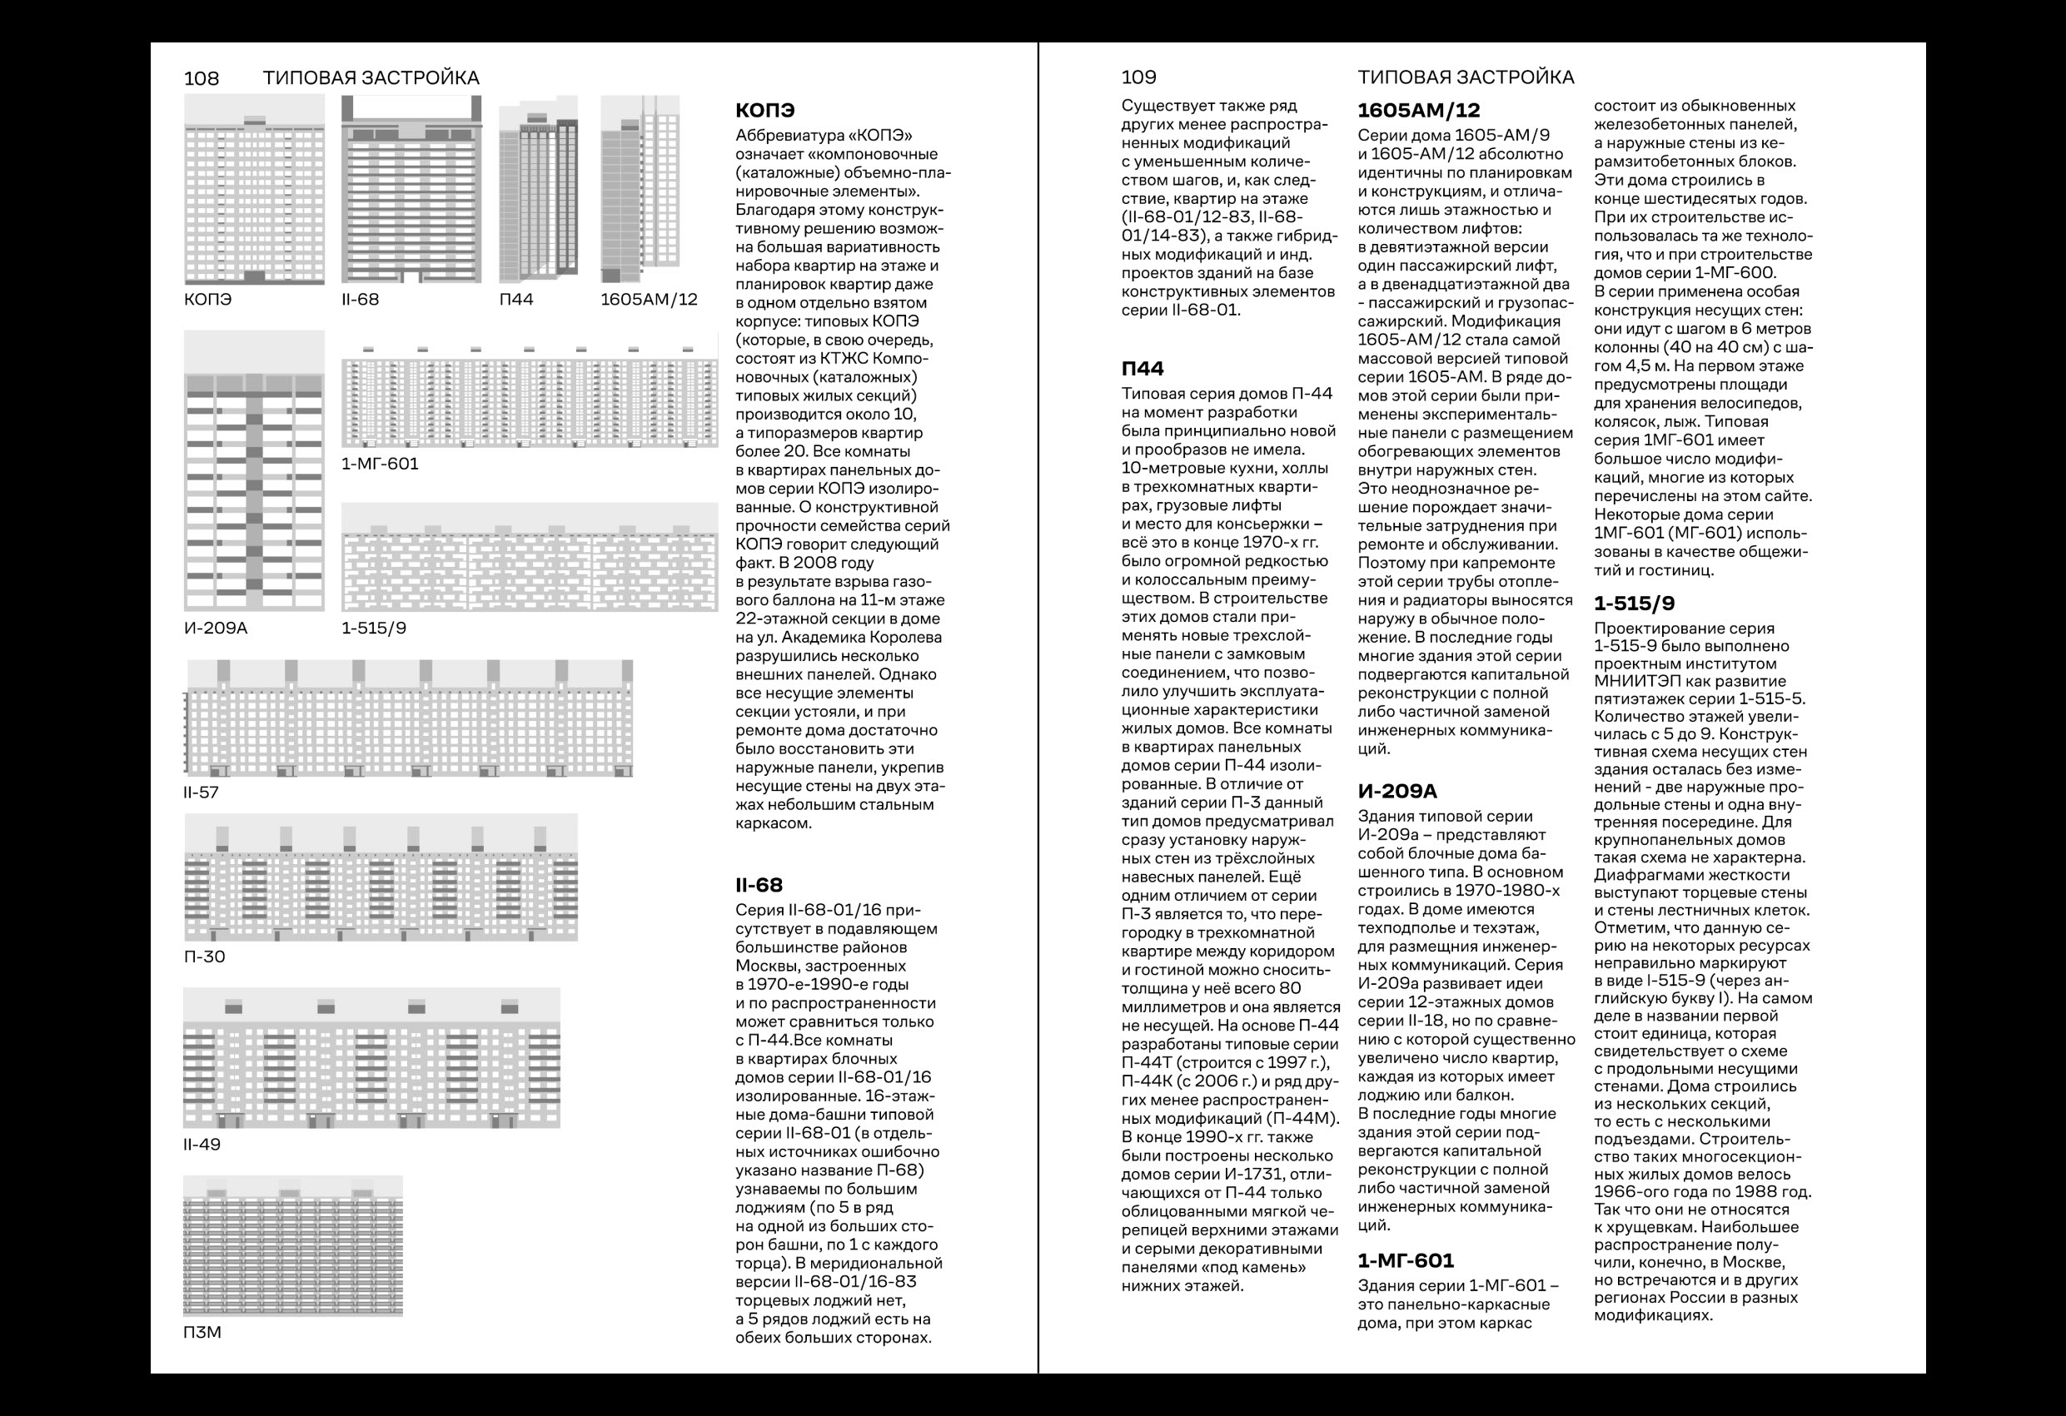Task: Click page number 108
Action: click(201, 78)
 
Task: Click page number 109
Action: click(1139, 77)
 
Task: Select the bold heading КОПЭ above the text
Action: click(764, 111)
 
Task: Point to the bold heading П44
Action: click(1143, 368)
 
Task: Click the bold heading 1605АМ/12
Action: click(1419, 110)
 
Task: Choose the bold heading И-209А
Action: click(1397, 791)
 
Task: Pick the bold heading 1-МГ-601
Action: click(1406, 1260)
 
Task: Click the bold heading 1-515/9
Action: click(1634, 604)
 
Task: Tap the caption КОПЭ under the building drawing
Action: click(207, 300)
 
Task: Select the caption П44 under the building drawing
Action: click(515, 300)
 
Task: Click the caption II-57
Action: click(201, 792)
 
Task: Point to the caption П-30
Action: click(205, 956)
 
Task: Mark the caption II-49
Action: click(202, 1144)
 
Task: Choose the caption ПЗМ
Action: click(202, 1333)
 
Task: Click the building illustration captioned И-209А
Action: click(254, 471)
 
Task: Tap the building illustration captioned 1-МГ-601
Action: click(530, 395)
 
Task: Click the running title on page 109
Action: click(1466, 77)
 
